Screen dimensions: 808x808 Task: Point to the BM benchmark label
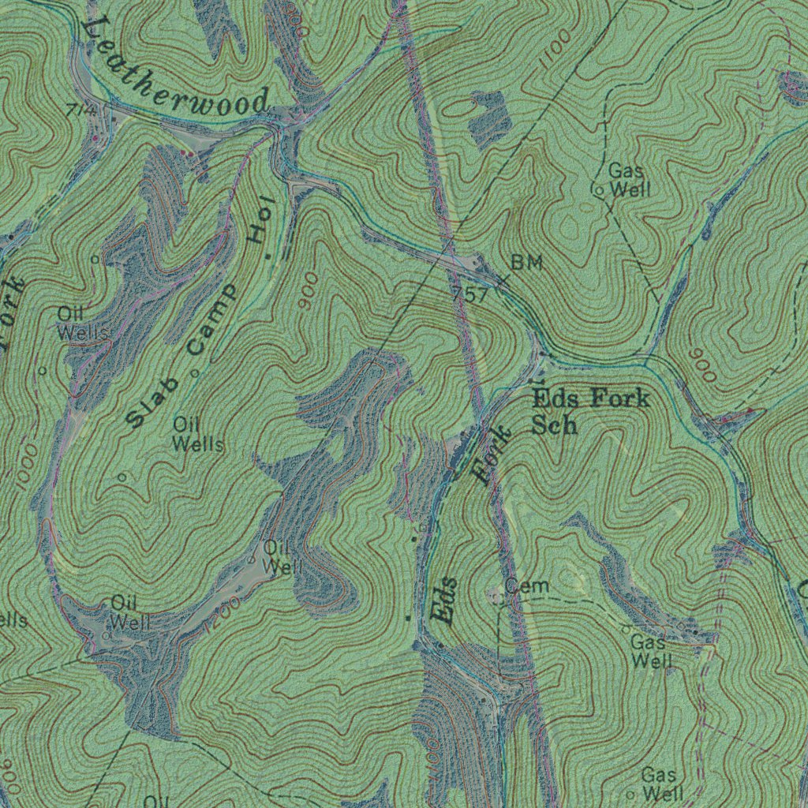point(526,264)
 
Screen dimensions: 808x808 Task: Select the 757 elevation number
point(471,295)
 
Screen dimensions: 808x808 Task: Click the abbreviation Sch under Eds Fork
point(555,425)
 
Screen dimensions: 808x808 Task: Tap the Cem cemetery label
point(527,586)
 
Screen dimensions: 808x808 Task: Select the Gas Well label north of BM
point(628,180)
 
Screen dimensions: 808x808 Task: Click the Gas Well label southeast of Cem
point(651,652)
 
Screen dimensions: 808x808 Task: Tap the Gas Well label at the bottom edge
point(661,784)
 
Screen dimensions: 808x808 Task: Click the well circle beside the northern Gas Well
point(598,190)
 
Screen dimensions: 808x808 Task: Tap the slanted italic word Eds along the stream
point(445,601)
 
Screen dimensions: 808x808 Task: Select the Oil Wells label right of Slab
point(198,434)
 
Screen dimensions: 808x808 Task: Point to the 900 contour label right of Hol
point(309,290)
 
